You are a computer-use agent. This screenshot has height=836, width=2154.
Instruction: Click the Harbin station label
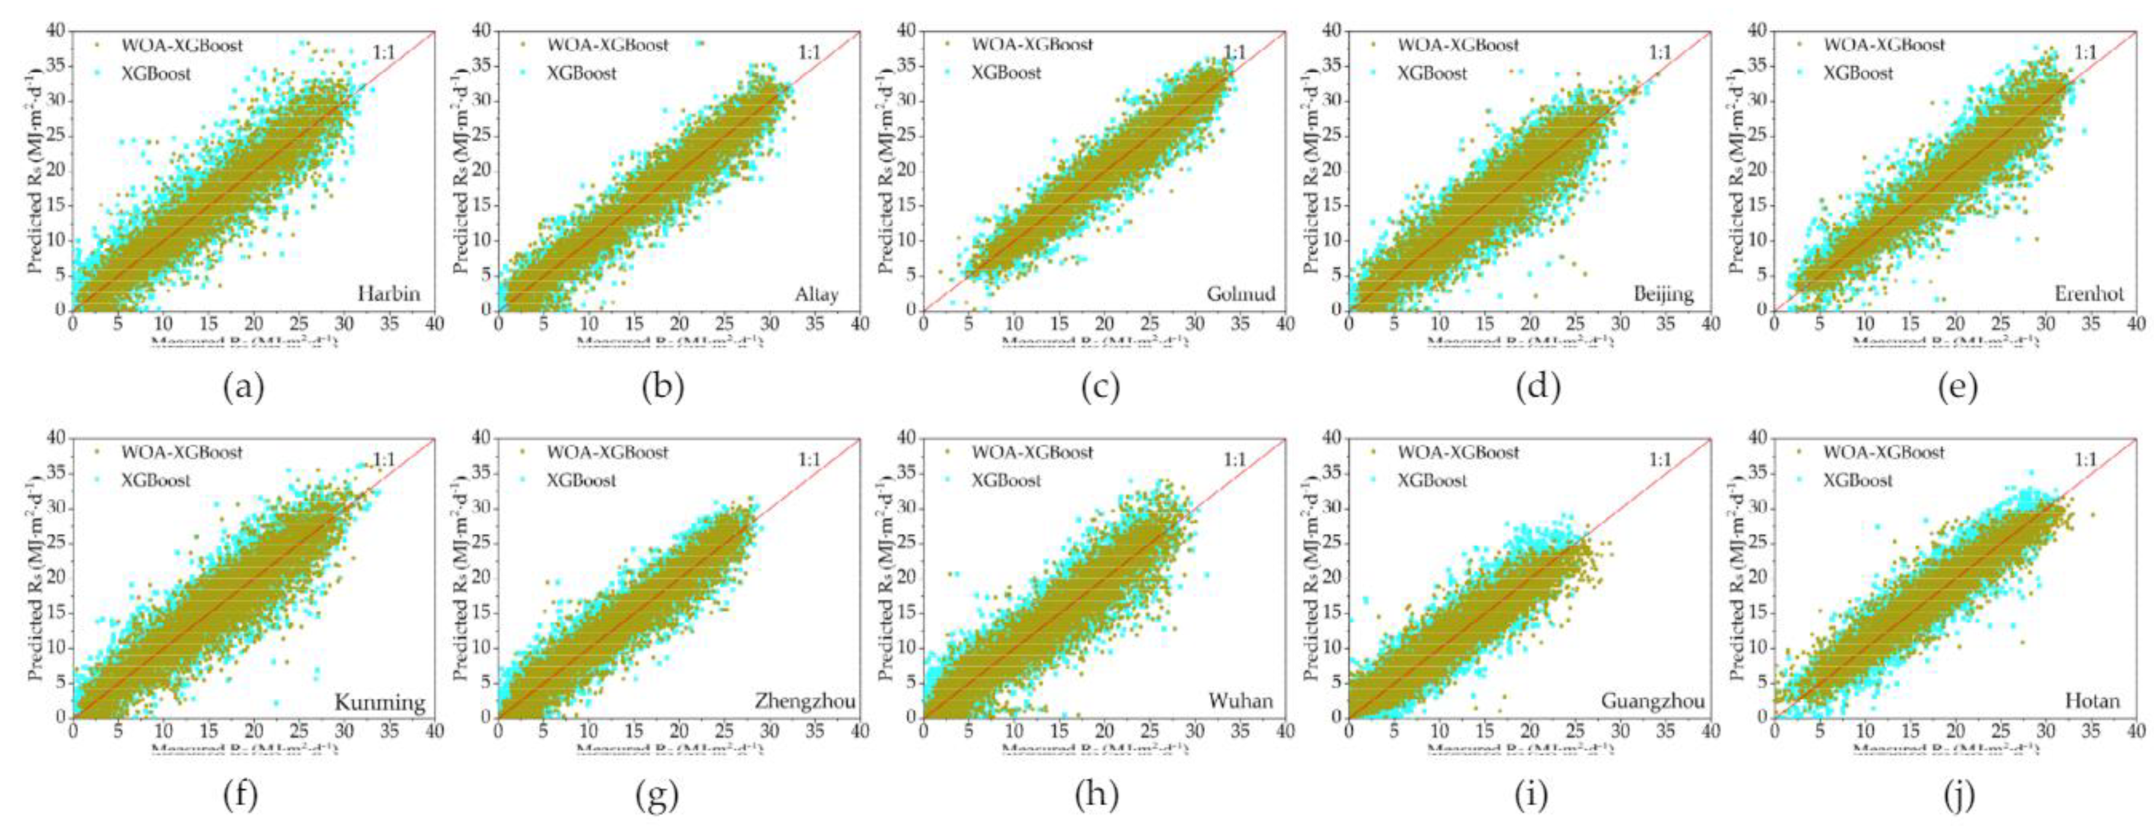[389, 294]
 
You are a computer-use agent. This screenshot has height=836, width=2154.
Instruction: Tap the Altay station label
[816, 294]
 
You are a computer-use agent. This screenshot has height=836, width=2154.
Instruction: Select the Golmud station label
[1241, 294]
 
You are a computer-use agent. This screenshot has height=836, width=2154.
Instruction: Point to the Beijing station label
[1664, 294]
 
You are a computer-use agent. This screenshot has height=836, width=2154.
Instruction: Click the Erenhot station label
[2089, 294]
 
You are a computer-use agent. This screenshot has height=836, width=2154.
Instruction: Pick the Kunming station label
[380, 701]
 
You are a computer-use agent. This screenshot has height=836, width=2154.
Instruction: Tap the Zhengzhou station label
[805, 701]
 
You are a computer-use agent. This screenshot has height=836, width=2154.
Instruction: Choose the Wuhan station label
[1241, 701]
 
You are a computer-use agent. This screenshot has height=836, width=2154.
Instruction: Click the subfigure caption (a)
[243, 387]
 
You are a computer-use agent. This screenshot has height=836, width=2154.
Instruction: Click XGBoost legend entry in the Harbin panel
[155, 73]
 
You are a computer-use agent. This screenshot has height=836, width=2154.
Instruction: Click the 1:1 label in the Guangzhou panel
[1660, 460]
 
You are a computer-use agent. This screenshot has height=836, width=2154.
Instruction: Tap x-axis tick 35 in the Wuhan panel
[1240, 731]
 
